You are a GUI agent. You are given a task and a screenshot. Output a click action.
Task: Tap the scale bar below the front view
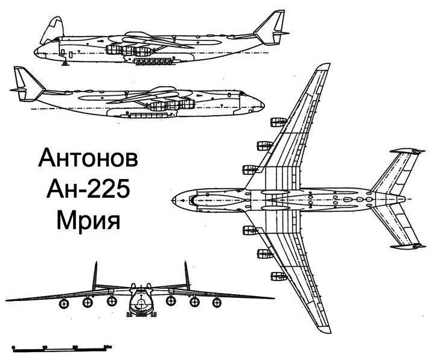tap(61, 348)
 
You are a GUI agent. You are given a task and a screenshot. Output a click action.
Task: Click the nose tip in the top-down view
tap(173, 198)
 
